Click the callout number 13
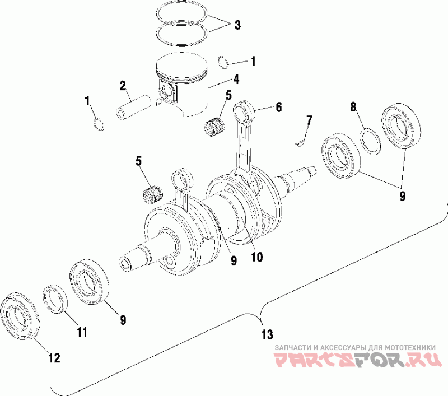[x=267, y=335]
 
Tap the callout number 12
[x=54, y=357]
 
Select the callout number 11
[x=82, y=332]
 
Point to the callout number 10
[x=256, y=257]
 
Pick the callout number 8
[x=353, y=106]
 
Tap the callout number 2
[x=122, y=86]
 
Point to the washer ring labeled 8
[x=371, y=141]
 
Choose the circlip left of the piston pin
[x=99, y=124]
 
